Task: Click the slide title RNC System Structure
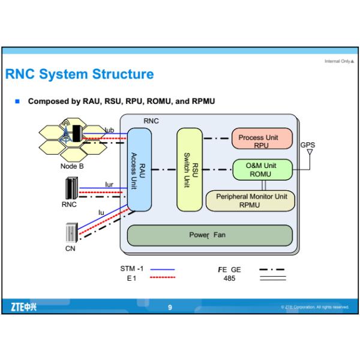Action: point(79,75)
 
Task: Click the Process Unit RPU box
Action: point(262,140)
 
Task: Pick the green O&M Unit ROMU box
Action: point(262,170)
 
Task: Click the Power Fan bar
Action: point(210,235)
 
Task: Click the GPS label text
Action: point(307,145)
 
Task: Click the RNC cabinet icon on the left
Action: point(70,190)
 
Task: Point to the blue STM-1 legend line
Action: point(161,270)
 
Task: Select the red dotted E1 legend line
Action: point(161,278)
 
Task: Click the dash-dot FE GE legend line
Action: point(272,270)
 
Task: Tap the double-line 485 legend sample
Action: point(272,278)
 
